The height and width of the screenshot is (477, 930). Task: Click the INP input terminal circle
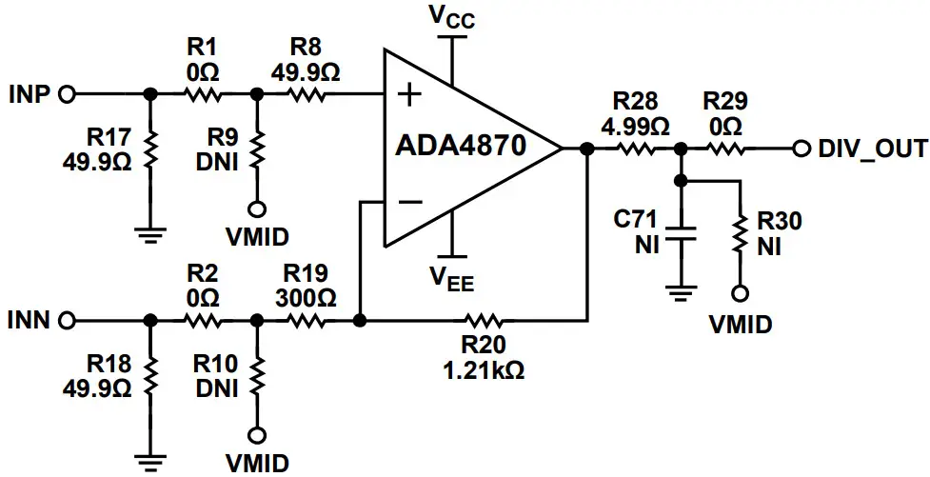pyautogui.click(x=67, y=94)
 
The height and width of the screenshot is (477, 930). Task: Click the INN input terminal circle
pyautogui.click(x=67, y=321)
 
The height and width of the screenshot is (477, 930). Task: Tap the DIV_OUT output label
pyautogui.click(x=873, y=149)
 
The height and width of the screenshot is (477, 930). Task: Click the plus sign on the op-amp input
pyautogui.click(x=409, y=94)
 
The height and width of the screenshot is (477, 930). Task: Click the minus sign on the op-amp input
pyautogui.click(x=409, y=202)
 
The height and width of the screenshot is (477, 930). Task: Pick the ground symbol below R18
pyautogui.click(x=149, y=461)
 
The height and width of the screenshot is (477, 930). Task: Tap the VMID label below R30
pyautogui.click(x=740, y=325)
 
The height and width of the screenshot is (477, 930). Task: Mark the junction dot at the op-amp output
pyautogui.click(x=586, y=149)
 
